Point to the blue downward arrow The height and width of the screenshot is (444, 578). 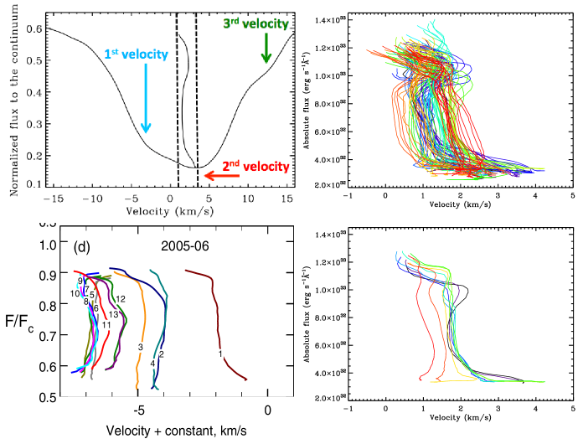pos(146,100)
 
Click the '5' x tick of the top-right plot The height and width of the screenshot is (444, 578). pos(571,199)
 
